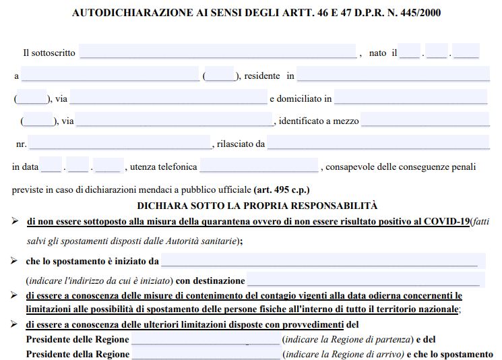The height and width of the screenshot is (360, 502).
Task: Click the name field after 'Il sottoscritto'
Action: pyautogui.click(x=218, y=52)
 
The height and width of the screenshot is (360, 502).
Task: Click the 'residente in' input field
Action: pyautogui.click(x=392, y=75)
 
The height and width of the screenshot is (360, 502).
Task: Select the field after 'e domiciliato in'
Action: pyautogui.click(x=410, y=98)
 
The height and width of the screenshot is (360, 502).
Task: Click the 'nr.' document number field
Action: pyautogui.click(x=120, y=143)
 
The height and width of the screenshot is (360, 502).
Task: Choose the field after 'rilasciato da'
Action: pyautogui.click(x=378, y=143)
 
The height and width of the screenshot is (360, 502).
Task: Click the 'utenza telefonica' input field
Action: pyautogui.click(x=259, y=166)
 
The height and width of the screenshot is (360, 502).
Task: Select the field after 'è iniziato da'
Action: pyautogui.click(x=319, y=260)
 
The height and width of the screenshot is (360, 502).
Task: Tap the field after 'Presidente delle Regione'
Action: pyautogui.click(x=206, y=339)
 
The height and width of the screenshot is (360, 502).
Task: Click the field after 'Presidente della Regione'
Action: pyautogui.click(x=206, y=354)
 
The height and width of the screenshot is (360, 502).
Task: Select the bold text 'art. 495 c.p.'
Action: pyautogui.click(x=282, y=189)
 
